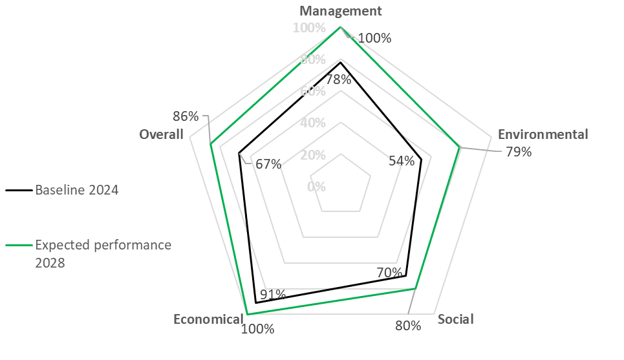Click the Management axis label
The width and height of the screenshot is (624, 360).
pyautogui.click(x=341, y=10)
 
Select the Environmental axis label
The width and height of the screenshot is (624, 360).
pyautogui.click(x=543, y=134)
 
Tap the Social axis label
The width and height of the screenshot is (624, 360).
pyautogui.click(x=455, y=319)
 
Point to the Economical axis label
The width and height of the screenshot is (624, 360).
pyautogui.click(x=208, y=319)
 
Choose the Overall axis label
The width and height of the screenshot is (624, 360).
pyautogui.click(x=162, y=134)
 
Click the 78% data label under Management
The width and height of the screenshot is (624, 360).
pyautogui.click(x=338, y=79)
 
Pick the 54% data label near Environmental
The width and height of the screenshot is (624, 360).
pyautogui.click(x=402, y=161)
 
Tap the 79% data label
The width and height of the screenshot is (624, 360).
pyautogui.click(x=519, y=152)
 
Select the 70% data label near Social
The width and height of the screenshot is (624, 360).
pyautogui.click(x=389, y=273)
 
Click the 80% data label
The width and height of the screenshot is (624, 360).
pyautogui.click(x=408, y=325)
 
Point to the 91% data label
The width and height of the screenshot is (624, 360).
pyautogui.click(x=274, y=295)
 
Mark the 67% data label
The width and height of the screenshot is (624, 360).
pyautogui.click(x=268, y=164)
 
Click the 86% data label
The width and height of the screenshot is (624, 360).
pyautogui.click(x=186, y=116)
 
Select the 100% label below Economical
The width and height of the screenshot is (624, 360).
pyautogui.click(x=257, y=328)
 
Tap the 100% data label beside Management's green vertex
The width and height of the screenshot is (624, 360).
pyautogui.click(x=374, y=37)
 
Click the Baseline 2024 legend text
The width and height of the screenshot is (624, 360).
pyautogui.click(x=77, y=190)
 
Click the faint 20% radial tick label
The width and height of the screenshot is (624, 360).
pyautogui.click(x=313, y=155)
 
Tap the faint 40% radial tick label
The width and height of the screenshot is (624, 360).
pyautogui.click(x=313, y=123)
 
